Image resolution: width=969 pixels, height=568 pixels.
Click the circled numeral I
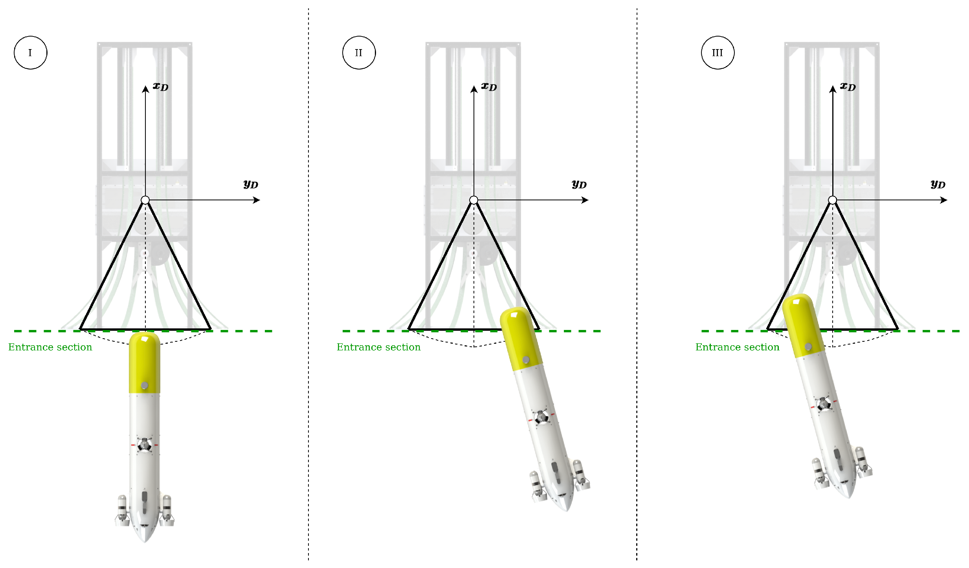tap(30, 53)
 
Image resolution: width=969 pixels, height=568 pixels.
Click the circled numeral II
tap(359, 53)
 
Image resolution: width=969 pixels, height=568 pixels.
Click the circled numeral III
tap(718, 53)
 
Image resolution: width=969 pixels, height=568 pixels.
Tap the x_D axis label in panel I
tap(161, 87)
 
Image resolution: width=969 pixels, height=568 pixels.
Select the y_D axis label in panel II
tap(579, 184)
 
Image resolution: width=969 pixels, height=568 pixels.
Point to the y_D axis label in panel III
tap(938, 184)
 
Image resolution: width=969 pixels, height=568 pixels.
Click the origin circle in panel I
tap(145, 200)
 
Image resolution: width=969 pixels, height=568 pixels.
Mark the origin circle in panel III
tap(833, 200)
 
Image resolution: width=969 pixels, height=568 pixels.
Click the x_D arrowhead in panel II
tap(474, 89)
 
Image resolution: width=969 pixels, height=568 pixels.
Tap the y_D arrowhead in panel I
tap(257, 200)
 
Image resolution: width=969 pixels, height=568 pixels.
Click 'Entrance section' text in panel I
tap(50, 347)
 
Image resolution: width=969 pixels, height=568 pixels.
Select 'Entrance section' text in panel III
tap(738, 347)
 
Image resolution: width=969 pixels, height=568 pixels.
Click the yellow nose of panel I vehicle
tap(145, 362)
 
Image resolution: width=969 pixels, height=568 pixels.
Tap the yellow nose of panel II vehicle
tap(521, 338)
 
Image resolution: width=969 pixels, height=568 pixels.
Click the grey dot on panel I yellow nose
tap(145, 386)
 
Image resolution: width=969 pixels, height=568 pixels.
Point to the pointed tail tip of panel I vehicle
tap(145, 542)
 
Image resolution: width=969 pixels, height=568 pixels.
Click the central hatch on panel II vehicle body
tap(541, 417)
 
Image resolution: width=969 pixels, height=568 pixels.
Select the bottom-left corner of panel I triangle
tap(80, 329)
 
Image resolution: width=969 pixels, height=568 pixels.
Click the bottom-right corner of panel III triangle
tap(898, 329)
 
